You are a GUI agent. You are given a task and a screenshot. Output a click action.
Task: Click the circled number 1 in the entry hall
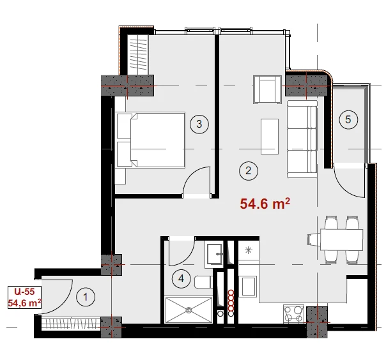86,297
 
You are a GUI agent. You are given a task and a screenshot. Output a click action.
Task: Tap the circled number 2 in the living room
249,170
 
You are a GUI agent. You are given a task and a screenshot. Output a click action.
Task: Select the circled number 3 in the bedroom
199,124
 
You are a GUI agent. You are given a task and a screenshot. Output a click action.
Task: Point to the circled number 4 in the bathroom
181,278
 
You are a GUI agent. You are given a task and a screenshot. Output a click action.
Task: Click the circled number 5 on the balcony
348,119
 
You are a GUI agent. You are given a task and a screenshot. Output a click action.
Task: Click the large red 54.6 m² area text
265,204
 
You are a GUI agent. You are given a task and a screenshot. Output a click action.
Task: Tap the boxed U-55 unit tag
24,297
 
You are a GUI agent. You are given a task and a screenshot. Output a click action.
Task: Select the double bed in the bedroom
150,140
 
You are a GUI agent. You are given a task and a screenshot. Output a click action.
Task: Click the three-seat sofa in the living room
302,139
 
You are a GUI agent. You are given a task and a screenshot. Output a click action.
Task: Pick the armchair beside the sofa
267,89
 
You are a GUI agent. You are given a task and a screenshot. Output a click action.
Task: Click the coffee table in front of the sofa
270,137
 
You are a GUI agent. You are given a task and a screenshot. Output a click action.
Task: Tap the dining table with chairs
336,239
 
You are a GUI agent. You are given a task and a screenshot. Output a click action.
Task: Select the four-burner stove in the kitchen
293,314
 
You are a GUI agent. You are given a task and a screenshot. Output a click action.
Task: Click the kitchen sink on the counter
249,286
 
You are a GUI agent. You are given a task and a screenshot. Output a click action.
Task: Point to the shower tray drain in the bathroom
189,310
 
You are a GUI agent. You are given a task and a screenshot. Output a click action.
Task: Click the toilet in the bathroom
204,282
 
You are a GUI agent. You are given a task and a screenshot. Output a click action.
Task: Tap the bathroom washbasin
215,254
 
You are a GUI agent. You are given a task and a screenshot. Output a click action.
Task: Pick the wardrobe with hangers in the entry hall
71,324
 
